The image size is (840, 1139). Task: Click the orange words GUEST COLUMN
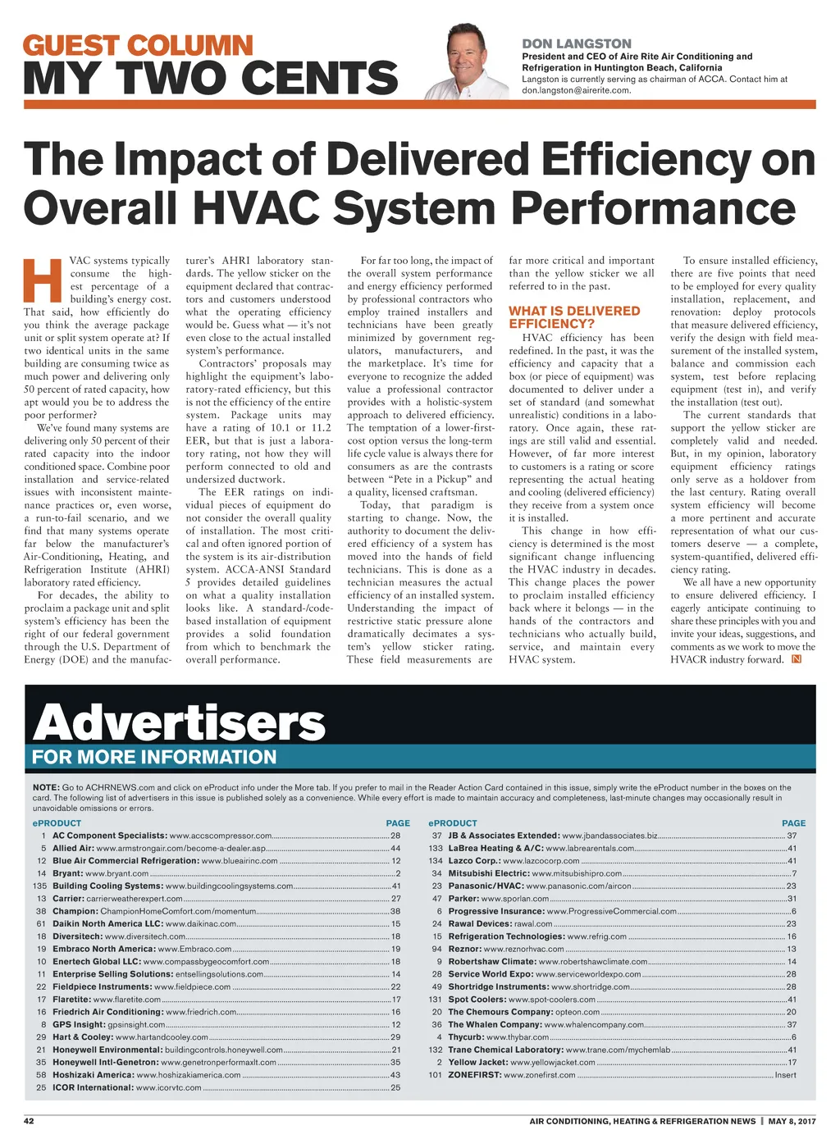click(138, 45)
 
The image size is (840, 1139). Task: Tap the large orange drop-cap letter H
click(43, 280)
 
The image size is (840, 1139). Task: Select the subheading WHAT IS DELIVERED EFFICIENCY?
click(574, 317)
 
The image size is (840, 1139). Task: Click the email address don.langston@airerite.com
click(576, 90)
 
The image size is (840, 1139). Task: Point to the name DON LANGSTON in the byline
click(577, 43)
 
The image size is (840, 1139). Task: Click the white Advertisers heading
click(179, 722)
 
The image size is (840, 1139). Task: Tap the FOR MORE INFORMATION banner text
click(154, 757)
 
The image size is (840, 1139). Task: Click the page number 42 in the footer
click(29, 1121)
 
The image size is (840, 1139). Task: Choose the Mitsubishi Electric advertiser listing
click(535, 873)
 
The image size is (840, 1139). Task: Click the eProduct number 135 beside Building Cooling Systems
click(39, 886)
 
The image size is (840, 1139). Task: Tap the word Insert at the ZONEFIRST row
click(785, 1074)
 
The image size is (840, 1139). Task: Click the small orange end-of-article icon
click(796, 659)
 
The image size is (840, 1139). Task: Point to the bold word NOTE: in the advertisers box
click(45, 787)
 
